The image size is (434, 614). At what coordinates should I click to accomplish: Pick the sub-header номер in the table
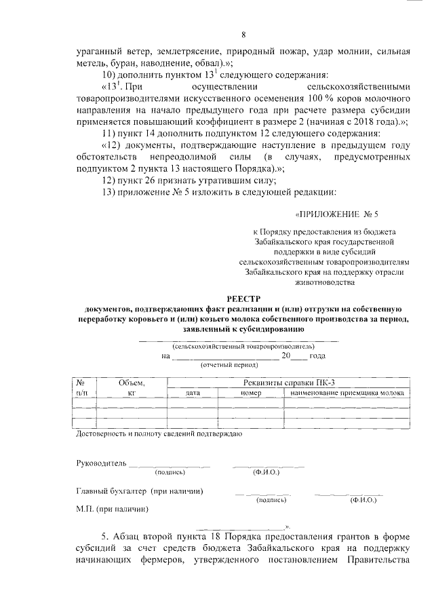click(250, 393)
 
